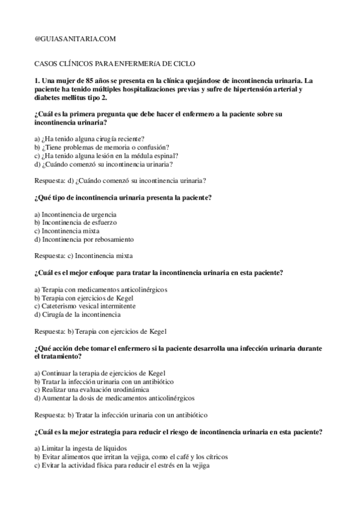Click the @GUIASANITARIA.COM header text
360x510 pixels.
tap(75, 38)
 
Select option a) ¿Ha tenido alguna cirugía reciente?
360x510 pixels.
tap(90, 138)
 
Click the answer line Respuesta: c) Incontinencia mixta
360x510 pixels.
tap(84, 255)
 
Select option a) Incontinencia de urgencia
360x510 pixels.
tap(76, 214)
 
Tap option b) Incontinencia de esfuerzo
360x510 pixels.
tap(76, 222)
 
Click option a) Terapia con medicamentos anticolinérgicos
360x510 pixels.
tap(101, 289)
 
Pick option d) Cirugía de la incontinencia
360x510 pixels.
tap(78, 314)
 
